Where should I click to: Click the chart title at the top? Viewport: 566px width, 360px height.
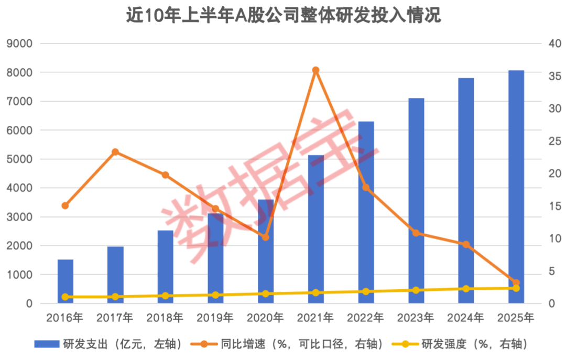(283, 16)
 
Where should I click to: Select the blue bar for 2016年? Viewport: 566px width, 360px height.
(66, 281)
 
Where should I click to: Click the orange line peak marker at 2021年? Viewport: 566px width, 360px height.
(315, 70)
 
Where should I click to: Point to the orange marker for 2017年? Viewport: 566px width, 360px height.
(115, 152)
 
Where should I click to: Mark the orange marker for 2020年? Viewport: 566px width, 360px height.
(266, 237)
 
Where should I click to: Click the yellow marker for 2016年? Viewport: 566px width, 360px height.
(66, 297)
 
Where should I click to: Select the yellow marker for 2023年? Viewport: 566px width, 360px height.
(416, 290)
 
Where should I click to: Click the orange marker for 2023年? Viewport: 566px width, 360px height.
(416, 233)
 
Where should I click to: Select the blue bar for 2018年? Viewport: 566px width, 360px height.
(166, 267)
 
